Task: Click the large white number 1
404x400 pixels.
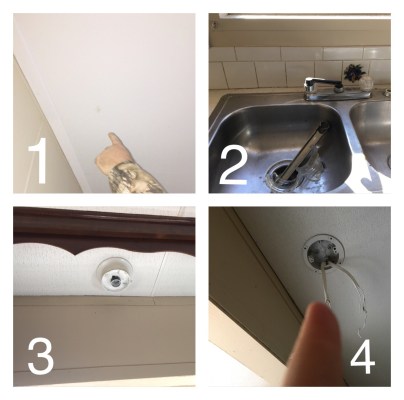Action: [x=39, y=160]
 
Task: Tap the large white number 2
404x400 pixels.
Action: [x=234, y=166]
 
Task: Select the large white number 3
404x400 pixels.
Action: [x=41, y=357]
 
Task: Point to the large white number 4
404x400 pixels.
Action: [x=363, y=357]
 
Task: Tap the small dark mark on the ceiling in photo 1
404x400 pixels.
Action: [x=98, y=109]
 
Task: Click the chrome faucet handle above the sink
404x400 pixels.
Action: [x=322, y=82]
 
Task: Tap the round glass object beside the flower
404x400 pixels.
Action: [x=367, y=82]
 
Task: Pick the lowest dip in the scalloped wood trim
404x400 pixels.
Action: [x=75, y=255]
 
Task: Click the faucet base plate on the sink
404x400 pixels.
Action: [x=337, y=94]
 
